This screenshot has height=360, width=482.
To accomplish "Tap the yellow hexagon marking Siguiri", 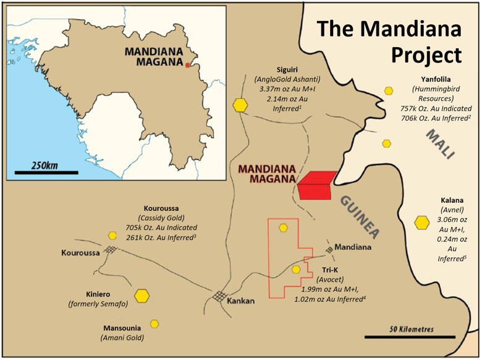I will pyautogui.click(x=240, y=105).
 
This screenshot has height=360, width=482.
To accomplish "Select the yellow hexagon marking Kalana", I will pyautogui.click(x=423, y=222).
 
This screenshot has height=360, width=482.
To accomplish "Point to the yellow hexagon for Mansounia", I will pyautogui.click(x=154, y=323).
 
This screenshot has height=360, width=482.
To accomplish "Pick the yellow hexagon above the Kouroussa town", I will pyautogui.click(x=112, y=236).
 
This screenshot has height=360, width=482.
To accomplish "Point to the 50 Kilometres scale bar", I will pyautogui.click(x=409, y=337).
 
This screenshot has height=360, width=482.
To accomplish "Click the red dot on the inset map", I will pyautogui.click(x=188, y=64).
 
